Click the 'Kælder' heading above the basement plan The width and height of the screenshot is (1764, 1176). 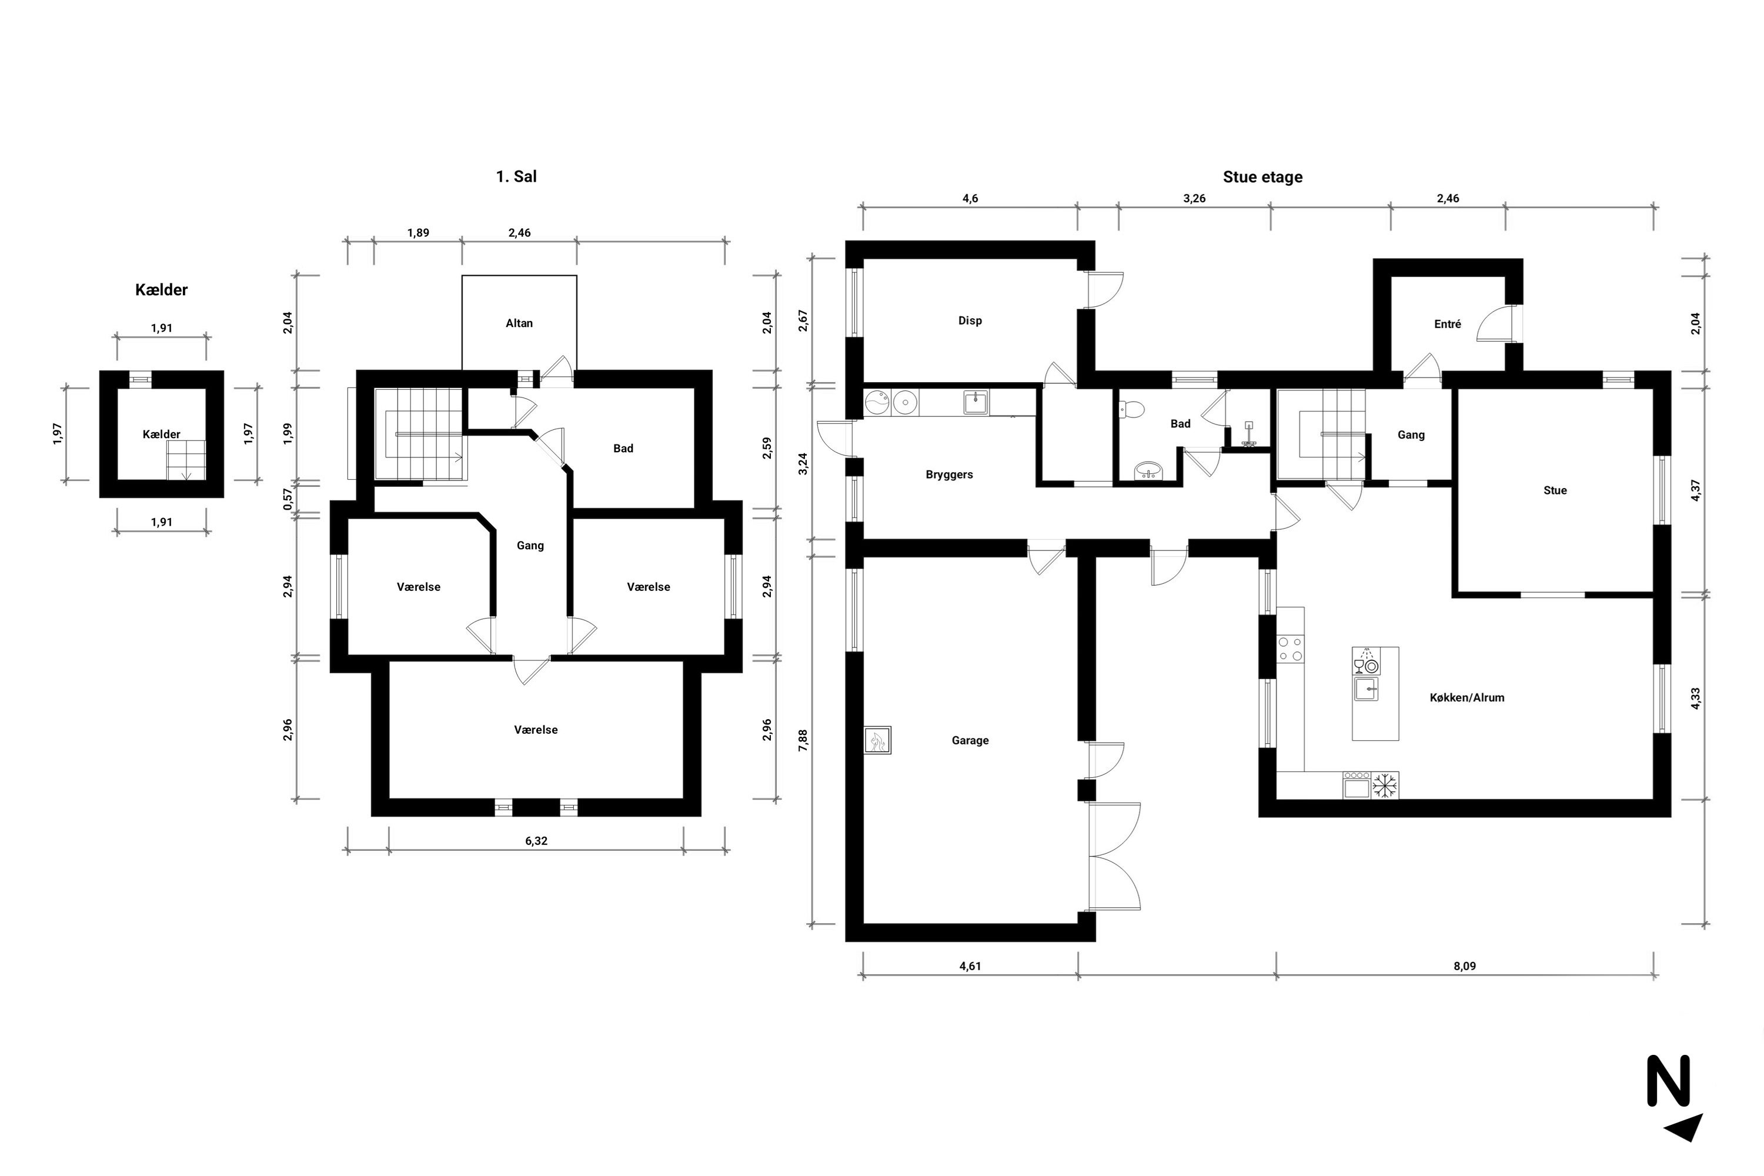pyautogui.click(x=161, y=289)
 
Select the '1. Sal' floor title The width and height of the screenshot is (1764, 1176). pyautogui.click(x=516, y=176)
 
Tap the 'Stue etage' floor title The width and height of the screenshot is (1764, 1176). pyautogui.click(x=1262, y=177)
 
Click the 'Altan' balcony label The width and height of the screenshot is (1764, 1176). pyautogui.click(x=519, y=323)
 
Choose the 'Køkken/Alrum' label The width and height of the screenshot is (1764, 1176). pyautogui.click(x=1467, y=697)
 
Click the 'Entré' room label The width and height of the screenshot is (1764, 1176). pyautogui.click(x=1448, y=324)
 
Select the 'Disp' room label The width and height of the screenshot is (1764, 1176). pyautogui.click(x=970, y=320)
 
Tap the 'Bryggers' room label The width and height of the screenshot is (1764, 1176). pyautogui.click(x=949, y=475)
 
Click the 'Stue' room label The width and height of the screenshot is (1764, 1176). pyautogui.click(x=1555, y=490)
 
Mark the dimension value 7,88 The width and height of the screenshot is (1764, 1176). pyautogui.click(x=803, y=740)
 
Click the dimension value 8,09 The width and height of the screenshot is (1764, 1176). pyautogui.click(x=1464, y=966)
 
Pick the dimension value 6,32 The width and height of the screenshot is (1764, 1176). pyautogui.click(x=536, y=841)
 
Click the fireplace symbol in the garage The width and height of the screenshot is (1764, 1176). pyautogui.click(x=877, y=740)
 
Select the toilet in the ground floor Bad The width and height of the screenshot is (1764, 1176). pyautogui.click(x=1130, y=409)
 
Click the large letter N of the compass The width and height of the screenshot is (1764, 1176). pyautogui.click(x=1668, y=1080)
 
